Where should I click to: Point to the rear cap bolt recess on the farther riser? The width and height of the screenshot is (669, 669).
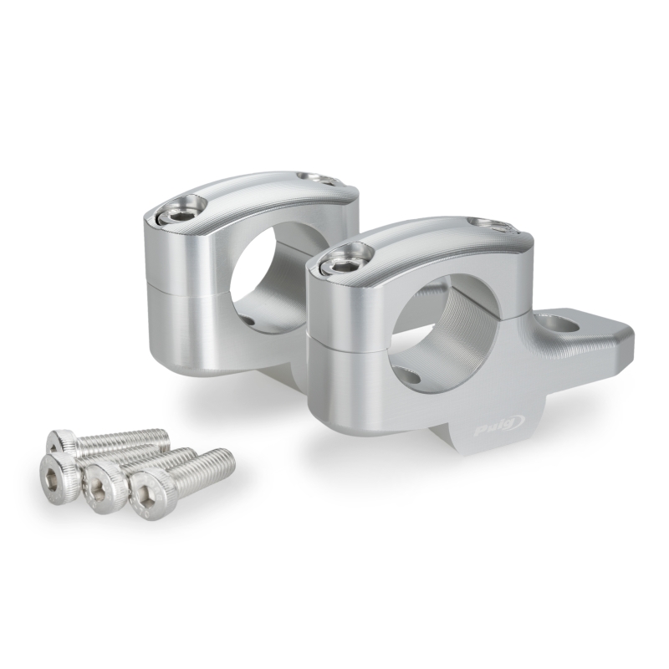316,178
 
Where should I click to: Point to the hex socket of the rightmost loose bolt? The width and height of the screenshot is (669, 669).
148,488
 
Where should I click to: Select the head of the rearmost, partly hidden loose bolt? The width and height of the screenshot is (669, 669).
63,440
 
